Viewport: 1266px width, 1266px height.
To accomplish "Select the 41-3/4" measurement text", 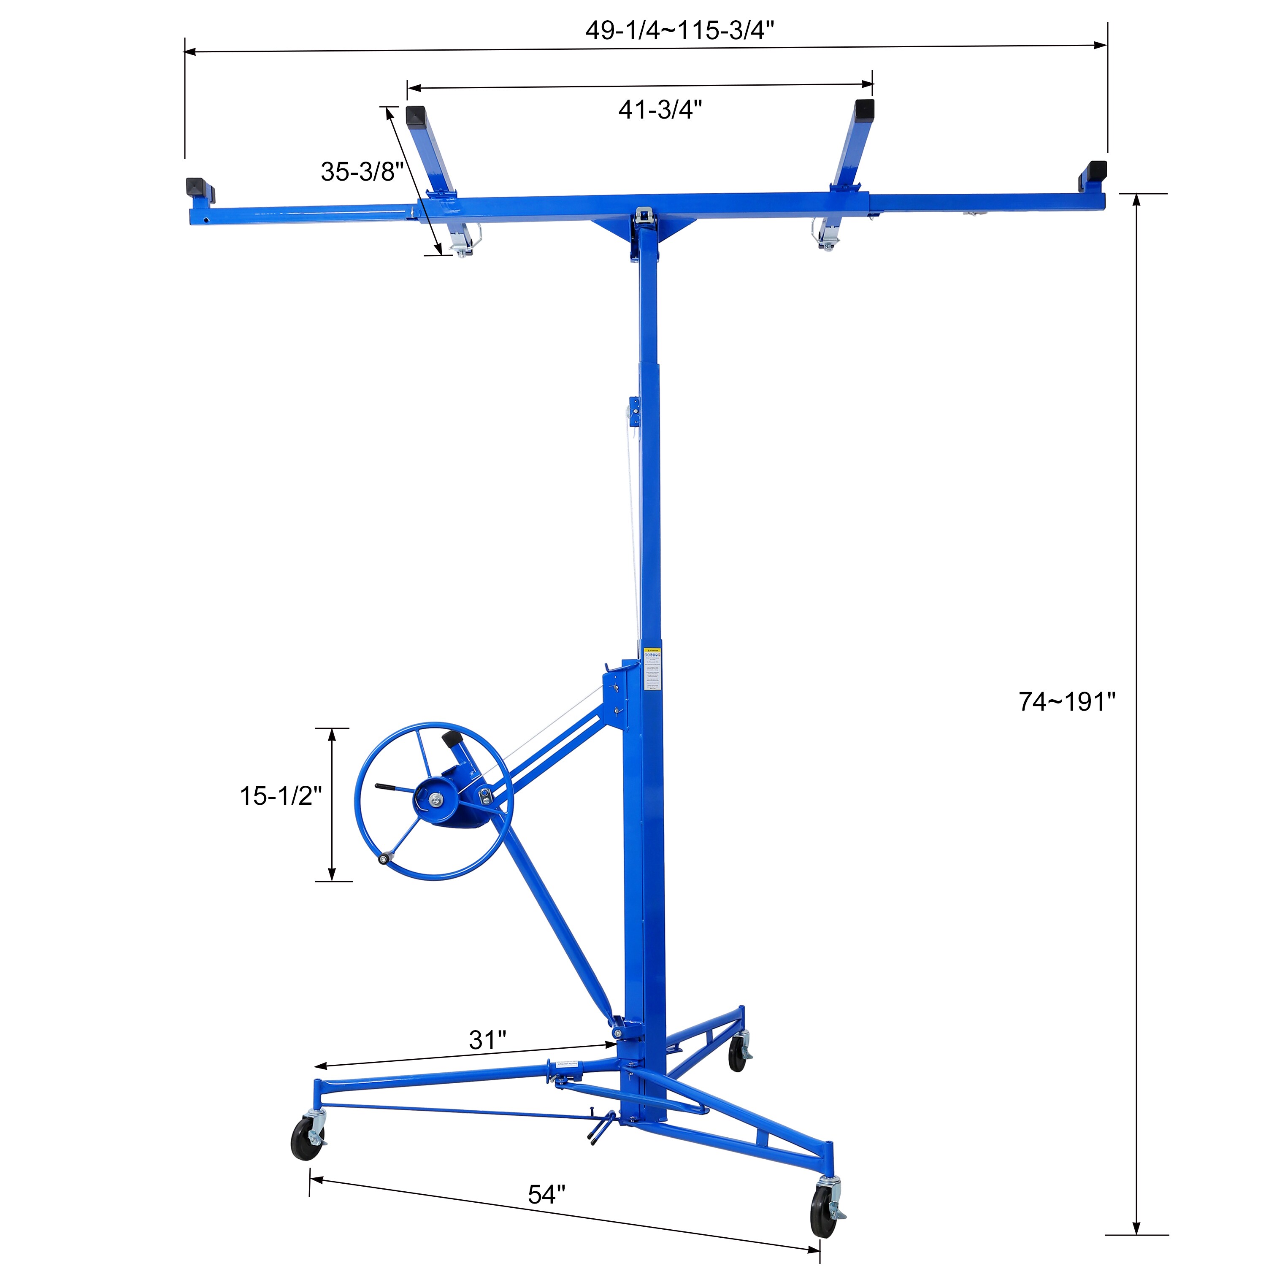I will (x=660, y=109).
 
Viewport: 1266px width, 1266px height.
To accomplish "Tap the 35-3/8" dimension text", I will (x=362, y=172).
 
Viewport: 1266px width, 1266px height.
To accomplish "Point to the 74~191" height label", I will (x=1066, y=702).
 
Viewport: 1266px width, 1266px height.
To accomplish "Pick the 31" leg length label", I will (x=487, y=1040).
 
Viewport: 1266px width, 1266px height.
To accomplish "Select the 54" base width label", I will (x=546, y=1195).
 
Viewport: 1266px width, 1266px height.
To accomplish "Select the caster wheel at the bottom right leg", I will (x=823, y=1212).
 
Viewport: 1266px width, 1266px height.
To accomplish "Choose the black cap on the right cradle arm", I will (x=864, y=109).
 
